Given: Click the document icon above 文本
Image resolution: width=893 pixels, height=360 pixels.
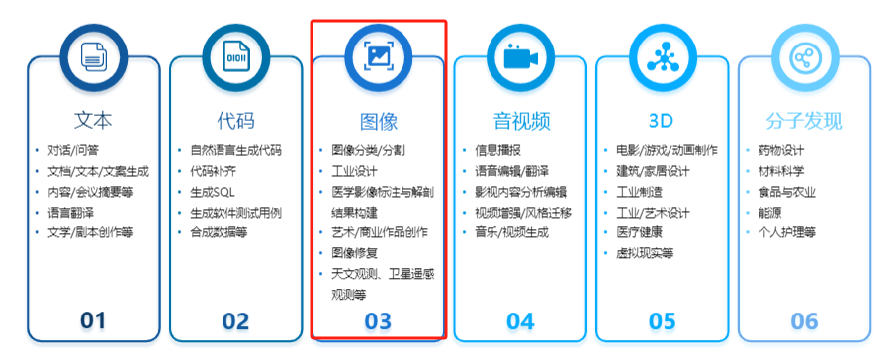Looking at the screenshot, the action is click(x=93, y=57).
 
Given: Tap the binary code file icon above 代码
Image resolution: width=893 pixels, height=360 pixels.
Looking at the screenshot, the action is click(x=235, y=57).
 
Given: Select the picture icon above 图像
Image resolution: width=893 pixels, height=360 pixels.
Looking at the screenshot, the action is click(x=378, y=57).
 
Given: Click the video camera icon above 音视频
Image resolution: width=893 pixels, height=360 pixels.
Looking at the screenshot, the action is click(x=520, y=57).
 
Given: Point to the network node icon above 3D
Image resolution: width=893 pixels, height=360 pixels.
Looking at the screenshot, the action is click(x=663, y=57).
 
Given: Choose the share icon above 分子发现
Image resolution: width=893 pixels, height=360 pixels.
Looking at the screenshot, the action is click(x=805, y=57).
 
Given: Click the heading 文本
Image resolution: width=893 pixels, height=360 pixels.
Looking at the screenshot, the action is click(x=93, y=121).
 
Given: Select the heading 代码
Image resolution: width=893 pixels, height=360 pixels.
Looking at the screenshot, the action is click(x=235, y=121).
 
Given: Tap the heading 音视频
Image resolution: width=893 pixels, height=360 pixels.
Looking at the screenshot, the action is click(x=521, y=121).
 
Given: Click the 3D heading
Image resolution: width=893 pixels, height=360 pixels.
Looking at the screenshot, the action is click(x=662, y=121).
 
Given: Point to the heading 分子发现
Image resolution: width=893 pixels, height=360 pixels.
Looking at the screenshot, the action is click(x=804, y=121).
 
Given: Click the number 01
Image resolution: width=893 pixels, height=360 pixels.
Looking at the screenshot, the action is click(x=93, y=320).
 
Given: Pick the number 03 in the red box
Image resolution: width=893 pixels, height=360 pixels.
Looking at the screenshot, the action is click(x=378, y=321).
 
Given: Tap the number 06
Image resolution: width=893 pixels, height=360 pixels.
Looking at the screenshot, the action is click(x=805, y=321).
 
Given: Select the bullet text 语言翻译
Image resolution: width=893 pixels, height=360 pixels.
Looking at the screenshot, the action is click(x=70, y=213).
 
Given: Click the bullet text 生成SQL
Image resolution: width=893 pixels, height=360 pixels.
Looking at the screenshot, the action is click(x=213, y=192).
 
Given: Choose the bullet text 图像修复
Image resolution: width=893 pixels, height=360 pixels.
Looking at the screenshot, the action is click(x=355, y=253).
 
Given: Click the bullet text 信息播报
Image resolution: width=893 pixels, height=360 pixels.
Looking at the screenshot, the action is click(x=498, y=151).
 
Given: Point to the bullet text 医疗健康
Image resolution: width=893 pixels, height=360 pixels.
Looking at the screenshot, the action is click(x=640, y=232).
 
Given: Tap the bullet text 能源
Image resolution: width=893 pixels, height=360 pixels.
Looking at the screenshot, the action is click(x=770, y=213).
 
